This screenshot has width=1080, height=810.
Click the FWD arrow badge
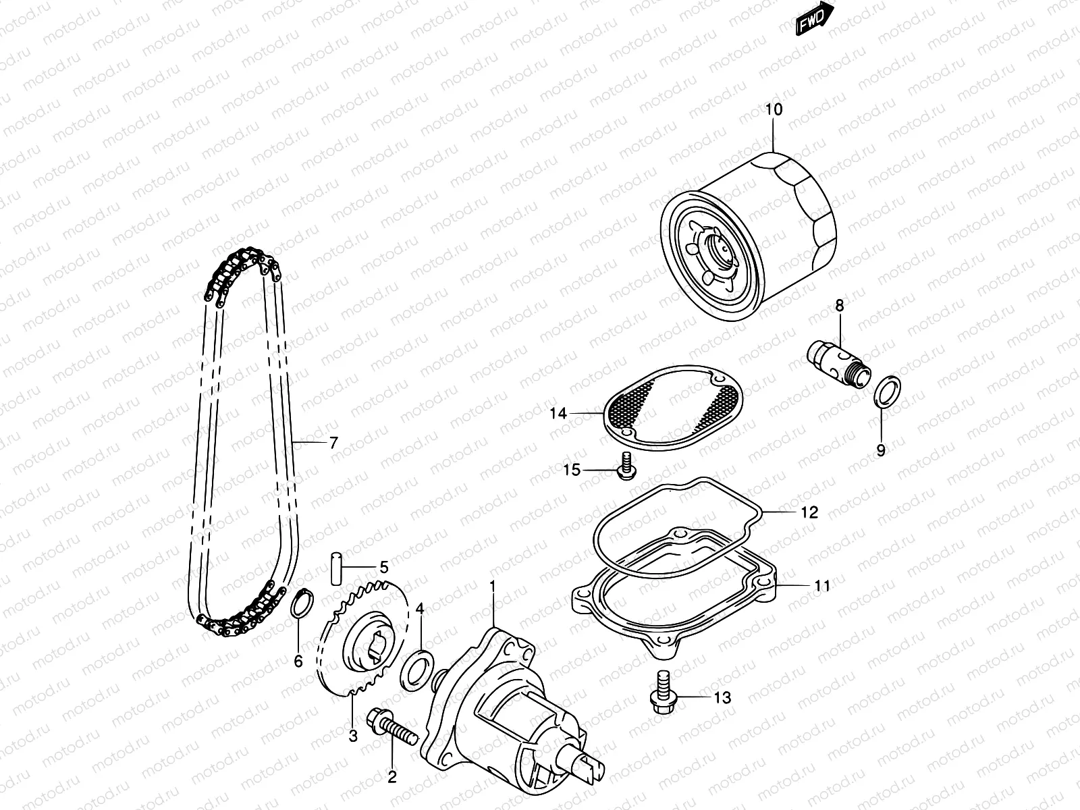coord(815,19)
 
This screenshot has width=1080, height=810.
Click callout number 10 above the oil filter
coord(774,109)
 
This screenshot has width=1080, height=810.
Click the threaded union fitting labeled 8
coord(840,363)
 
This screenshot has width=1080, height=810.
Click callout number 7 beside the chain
coord(333,443)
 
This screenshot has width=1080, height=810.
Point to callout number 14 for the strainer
coord(558,413)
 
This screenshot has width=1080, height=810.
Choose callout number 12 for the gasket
coord(809,512)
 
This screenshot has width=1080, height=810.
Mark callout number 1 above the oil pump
coord(493,585)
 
